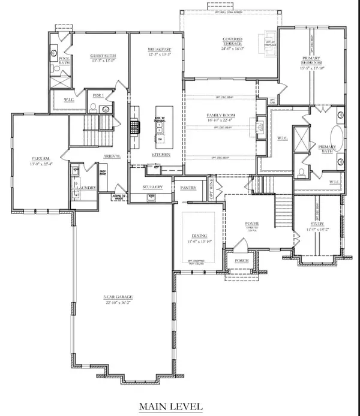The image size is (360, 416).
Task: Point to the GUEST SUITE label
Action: click(103, 56)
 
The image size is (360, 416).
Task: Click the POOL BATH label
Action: click(62, 59)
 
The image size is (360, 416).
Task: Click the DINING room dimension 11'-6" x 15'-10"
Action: click(198, 241)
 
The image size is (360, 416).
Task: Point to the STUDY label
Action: click(317, 222)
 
